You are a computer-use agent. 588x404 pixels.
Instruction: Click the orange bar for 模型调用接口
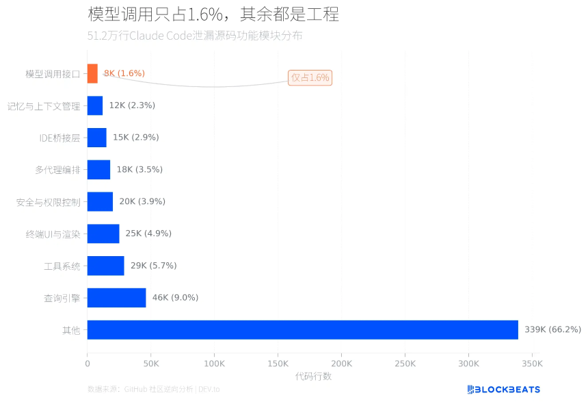tap(92, 73)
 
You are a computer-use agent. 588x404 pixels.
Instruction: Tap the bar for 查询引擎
tap(116, 298)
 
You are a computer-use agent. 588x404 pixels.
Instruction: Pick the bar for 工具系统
tap(105, 266)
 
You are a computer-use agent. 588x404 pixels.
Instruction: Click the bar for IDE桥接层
tap(96, 138)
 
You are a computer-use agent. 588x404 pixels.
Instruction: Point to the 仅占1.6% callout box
tap(310, 77)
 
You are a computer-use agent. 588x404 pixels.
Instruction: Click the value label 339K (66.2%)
tap(552, 330)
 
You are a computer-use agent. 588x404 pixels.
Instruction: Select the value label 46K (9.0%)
tap(175, 298)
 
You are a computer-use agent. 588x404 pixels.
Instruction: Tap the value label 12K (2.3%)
tap(132, 105)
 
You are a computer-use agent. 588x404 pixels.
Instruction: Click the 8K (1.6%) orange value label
tap(124, 73)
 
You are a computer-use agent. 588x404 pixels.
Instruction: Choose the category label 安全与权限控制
tap(48, 202)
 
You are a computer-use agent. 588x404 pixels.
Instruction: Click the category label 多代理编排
tap(57, 170)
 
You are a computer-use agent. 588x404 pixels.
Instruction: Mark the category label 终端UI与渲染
tap(53, 234)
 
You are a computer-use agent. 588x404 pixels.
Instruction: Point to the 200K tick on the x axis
tap(341, 364)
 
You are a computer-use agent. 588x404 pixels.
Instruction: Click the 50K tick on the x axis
tap(150, 364)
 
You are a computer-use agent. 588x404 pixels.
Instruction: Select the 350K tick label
tap(533, 364)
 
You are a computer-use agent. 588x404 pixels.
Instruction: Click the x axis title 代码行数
tap(313, 377)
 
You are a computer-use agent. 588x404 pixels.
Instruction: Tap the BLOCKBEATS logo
tap(503, 390)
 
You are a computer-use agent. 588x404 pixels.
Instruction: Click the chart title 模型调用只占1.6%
tap(213, 14)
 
